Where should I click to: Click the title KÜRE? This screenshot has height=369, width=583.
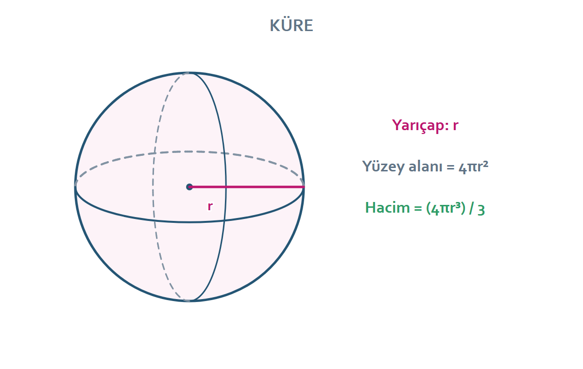(x=291, y=25)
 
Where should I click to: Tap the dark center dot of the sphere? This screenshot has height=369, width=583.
(x=189, y=187)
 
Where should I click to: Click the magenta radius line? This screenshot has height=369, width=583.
(x=247, y=187)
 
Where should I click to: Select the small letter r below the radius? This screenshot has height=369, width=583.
(x=210, y=206)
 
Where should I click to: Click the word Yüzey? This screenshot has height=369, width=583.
(x=383, y=167)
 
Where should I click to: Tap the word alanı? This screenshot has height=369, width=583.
(x=426, y=166)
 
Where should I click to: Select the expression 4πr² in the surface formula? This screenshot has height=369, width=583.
(x=473, y=167)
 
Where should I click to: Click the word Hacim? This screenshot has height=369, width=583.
(x=387, y=208)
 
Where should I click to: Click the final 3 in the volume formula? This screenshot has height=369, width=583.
(x=481, y=210)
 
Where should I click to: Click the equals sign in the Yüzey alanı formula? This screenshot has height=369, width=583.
(x=450, y=167)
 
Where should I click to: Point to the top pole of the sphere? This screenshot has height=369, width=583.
(x=189, y=72)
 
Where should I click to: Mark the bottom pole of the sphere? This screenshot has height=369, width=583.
(x=189, y=301)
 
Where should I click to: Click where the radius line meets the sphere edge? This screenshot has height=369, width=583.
(x=304, y=187)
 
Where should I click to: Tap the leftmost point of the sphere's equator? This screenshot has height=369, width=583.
(x=75, y=187)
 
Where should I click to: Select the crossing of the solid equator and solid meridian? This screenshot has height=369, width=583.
(x=224, y=220)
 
